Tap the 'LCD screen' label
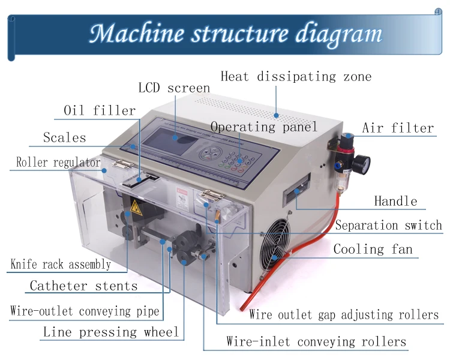(x=174, y=88)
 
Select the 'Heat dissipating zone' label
(x=296, y=77)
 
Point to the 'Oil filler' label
(x=100, y=111)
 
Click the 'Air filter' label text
(x=398, y=128)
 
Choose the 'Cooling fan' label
(x=373, y=249)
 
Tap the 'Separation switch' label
(x=388, y=226)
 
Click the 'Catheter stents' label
(x=83, y=286)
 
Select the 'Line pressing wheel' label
(x=111, y=332)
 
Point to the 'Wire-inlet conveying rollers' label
(x=316, y=342)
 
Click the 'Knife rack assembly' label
(x=61, y=264)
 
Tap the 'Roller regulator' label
(x=58, y=162)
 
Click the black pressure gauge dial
(x=361, y=163)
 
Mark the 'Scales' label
(x=64, y=138)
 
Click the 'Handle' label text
(x=395, y=201)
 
